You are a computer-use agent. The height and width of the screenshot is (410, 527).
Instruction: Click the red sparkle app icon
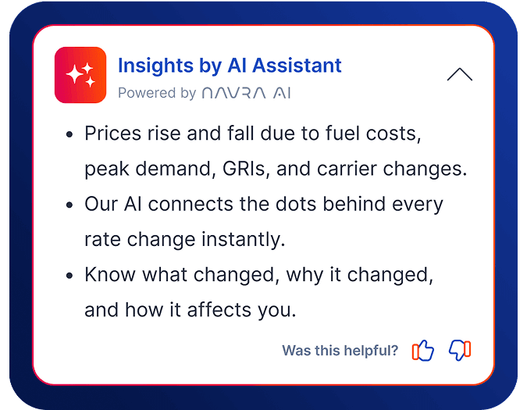pos(80,75)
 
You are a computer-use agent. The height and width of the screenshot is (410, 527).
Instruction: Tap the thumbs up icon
pos(422,351)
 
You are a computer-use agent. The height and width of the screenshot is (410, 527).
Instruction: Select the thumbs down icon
pos(460,351)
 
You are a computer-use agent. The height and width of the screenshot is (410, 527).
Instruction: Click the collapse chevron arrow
pos(460,74)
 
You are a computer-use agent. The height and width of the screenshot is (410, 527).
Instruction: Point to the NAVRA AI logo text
pos(246,94)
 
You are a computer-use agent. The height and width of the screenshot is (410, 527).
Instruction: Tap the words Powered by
pos(157,94)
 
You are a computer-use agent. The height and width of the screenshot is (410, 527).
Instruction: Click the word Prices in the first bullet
pos(112,134)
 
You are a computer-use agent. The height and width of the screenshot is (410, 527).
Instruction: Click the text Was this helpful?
pos(340,351)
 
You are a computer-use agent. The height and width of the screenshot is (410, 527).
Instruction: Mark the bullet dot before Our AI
pos(69,205)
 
